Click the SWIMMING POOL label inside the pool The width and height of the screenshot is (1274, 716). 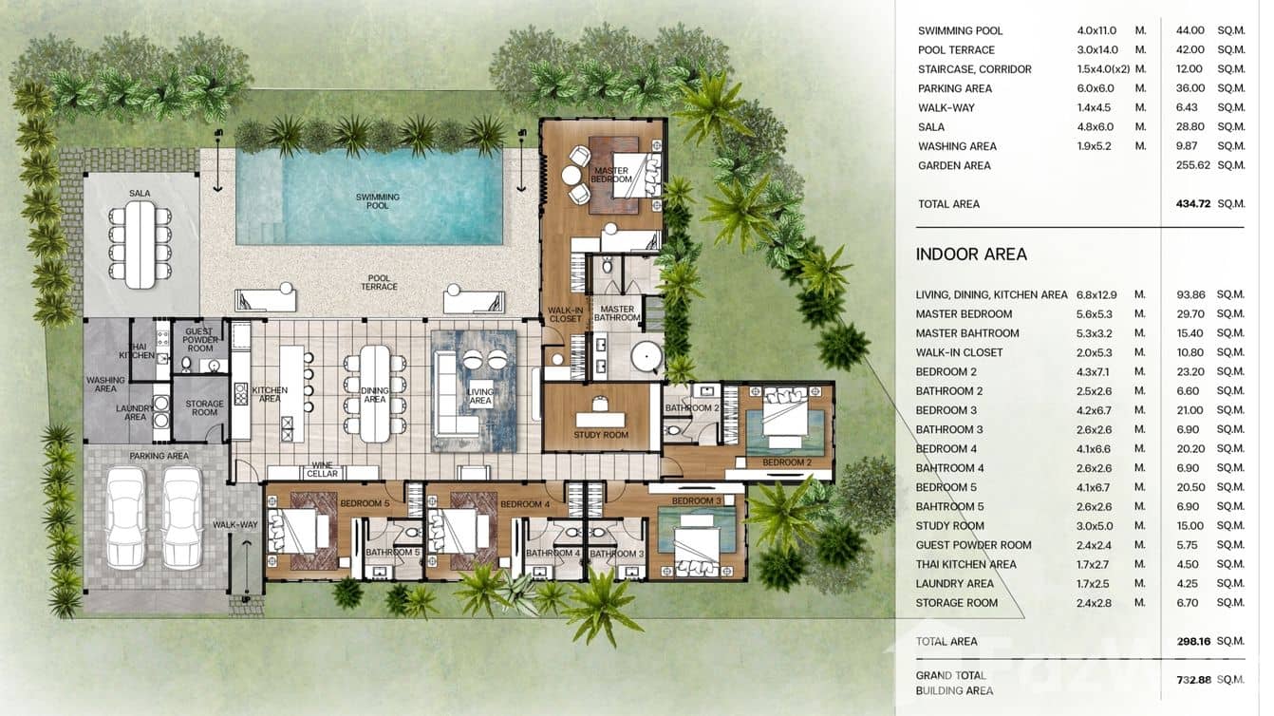(378, 201)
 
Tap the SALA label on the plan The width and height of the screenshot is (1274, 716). (140, 194)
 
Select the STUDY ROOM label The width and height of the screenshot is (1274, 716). (601, 436)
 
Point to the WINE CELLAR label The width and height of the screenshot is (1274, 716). (322, 469)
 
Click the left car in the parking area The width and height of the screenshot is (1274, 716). (125, 518)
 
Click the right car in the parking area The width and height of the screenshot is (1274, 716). (181, 518)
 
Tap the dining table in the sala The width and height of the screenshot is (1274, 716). (140, 244)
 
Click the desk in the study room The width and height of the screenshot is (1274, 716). (600, 419)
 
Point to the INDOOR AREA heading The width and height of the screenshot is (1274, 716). (971, 254)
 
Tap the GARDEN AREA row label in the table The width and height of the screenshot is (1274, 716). (954, 165)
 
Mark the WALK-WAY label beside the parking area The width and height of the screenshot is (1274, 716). (234, 524)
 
